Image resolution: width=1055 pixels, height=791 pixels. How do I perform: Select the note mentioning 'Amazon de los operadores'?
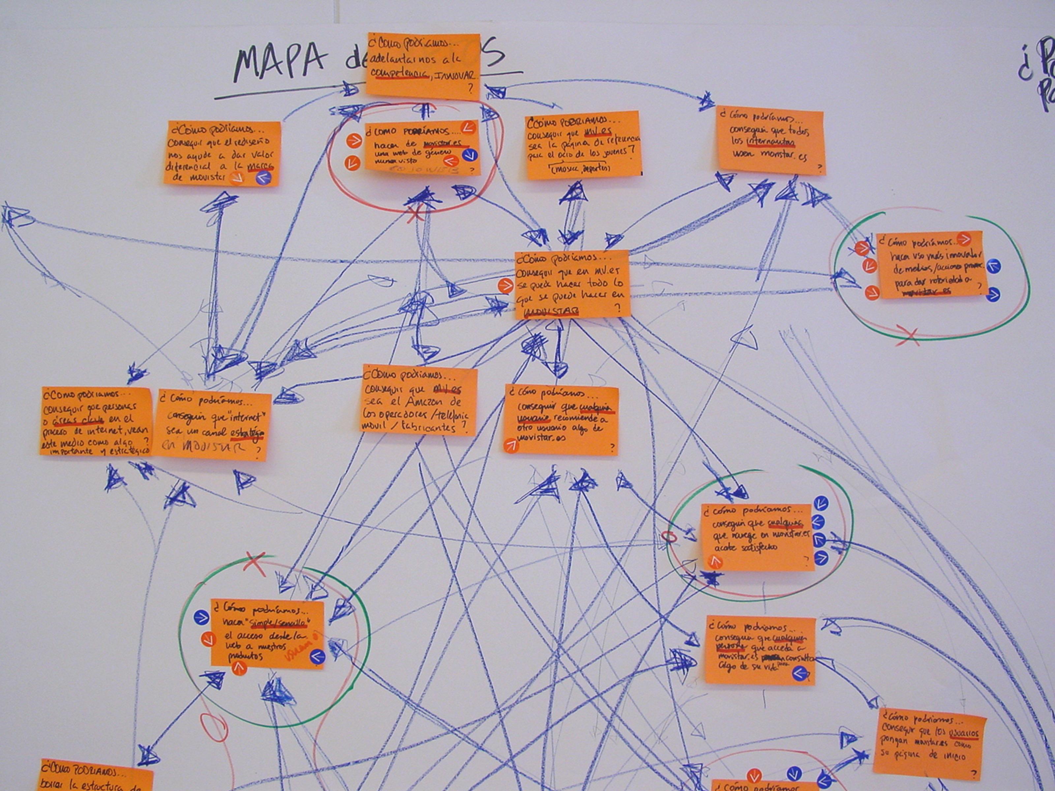click(419, 401)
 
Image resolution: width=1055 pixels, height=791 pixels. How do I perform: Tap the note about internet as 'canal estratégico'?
click(213, 426)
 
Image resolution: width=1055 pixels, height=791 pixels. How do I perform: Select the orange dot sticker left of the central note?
click(505, 286)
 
